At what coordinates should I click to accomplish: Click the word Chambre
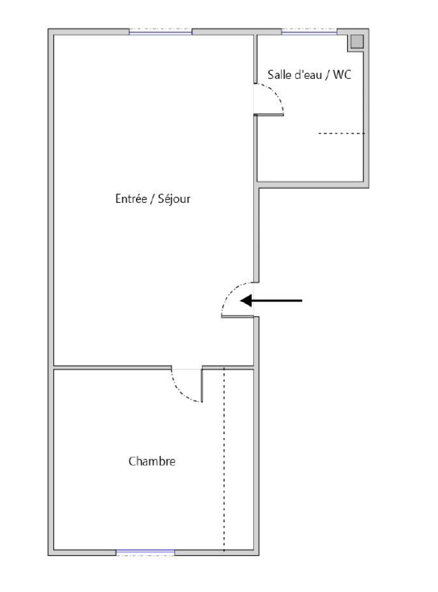152,462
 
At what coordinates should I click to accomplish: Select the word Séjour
174,199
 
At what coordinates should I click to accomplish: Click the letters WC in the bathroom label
342,75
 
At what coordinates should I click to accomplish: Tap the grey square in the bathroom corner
357,41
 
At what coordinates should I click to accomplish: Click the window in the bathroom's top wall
309,32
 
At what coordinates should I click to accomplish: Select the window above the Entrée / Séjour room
161,32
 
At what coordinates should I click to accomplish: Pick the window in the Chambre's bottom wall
145,552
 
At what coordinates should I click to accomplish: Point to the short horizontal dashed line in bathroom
341,133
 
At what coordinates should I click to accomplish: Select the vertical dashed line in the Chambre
224,460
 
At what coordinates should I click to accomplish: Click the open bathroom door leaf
269,115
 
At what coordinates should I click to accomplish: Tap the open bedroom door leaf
202,385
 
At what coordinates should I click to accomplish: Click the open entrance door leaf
237,317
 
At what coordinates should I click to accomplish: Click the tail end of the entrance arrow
300,300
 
